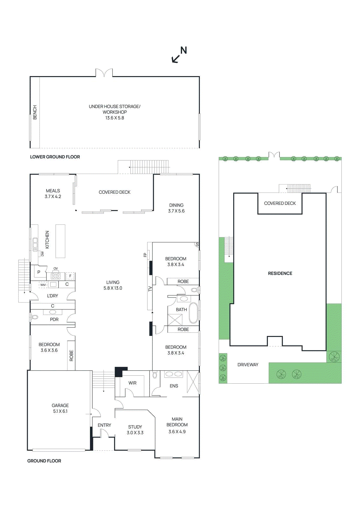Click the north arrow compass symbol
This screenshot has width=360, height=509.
pos(179,55)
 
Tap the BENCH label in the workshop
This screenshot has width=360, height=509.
pos(35,112)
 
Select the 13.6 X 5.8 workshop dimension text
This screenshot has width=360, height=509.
pos(115,118)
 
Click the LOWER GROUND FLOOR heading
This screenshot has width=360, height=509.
pos(55,157)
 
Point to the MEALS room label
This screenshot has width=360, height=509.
pos(53,191)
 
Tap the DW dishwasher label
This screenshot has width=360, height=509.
pos(42,254)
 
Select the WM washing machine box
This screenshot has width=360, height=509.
pos(43,285)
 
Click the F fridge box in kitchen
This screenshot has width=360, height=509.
pos(70,276)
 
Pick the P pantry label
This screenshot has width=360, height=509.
pos(39,272)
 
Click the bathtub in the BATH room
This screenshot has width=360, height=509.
pos(193,313)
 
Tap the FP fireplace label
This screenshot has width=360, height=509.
pos(145,255)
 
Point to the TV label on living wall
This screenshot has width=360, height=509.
pos(150,289)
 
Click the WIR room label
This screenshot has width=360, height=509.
pos(132,383)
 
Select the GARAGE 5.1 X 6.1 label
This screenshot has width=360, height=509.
pos(60,408)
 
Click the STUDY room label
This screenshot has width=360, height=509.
pos(135,427)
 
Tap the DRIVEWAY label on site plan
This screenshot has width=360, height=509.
pos(248,365)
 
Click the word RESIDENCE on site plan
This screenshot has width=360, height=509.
pos(280,273)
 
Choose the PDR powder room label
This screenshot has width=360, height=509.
pos(54,319)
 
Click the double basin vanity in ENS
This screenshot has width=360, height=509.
pos(173,374)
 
